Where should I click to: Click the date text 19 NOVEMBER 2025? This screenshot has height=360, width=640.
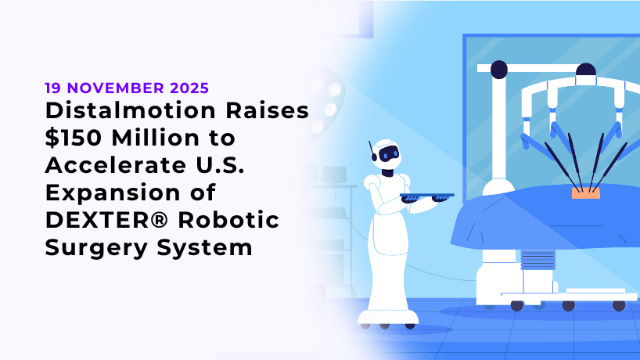coord(127,88)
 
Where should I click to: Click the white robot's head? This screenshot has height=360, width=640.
coord(388,154)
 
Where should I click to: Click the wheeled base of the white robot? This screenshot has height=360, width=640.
coord(387,317)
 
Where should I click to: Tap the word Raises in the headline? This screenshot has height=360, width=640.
coord(271,111)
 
